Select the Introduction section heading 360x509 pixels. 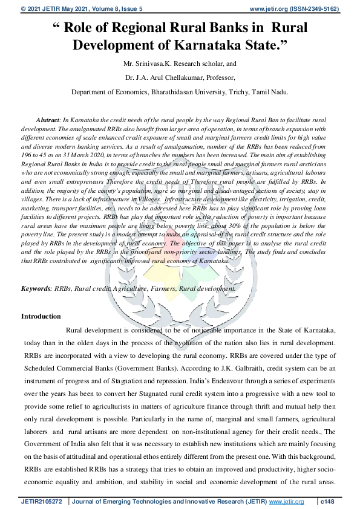(x=41, y=316)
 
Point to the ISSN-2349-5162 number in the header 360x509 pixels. (x=317, y=10)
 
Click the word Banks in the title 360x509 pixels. (x=223, y=27)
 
